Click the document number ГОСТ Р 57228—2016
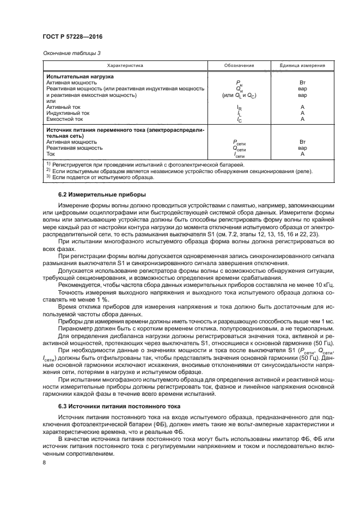point(72,36)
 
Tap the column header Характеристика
point(125,66)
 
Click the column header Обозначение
point(239,66)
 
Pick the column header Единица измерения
point(302,66)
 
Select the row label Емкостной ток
point(65,119)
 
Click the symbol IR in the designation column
point(239,108)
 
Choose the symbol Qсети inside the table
point(239,148)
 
